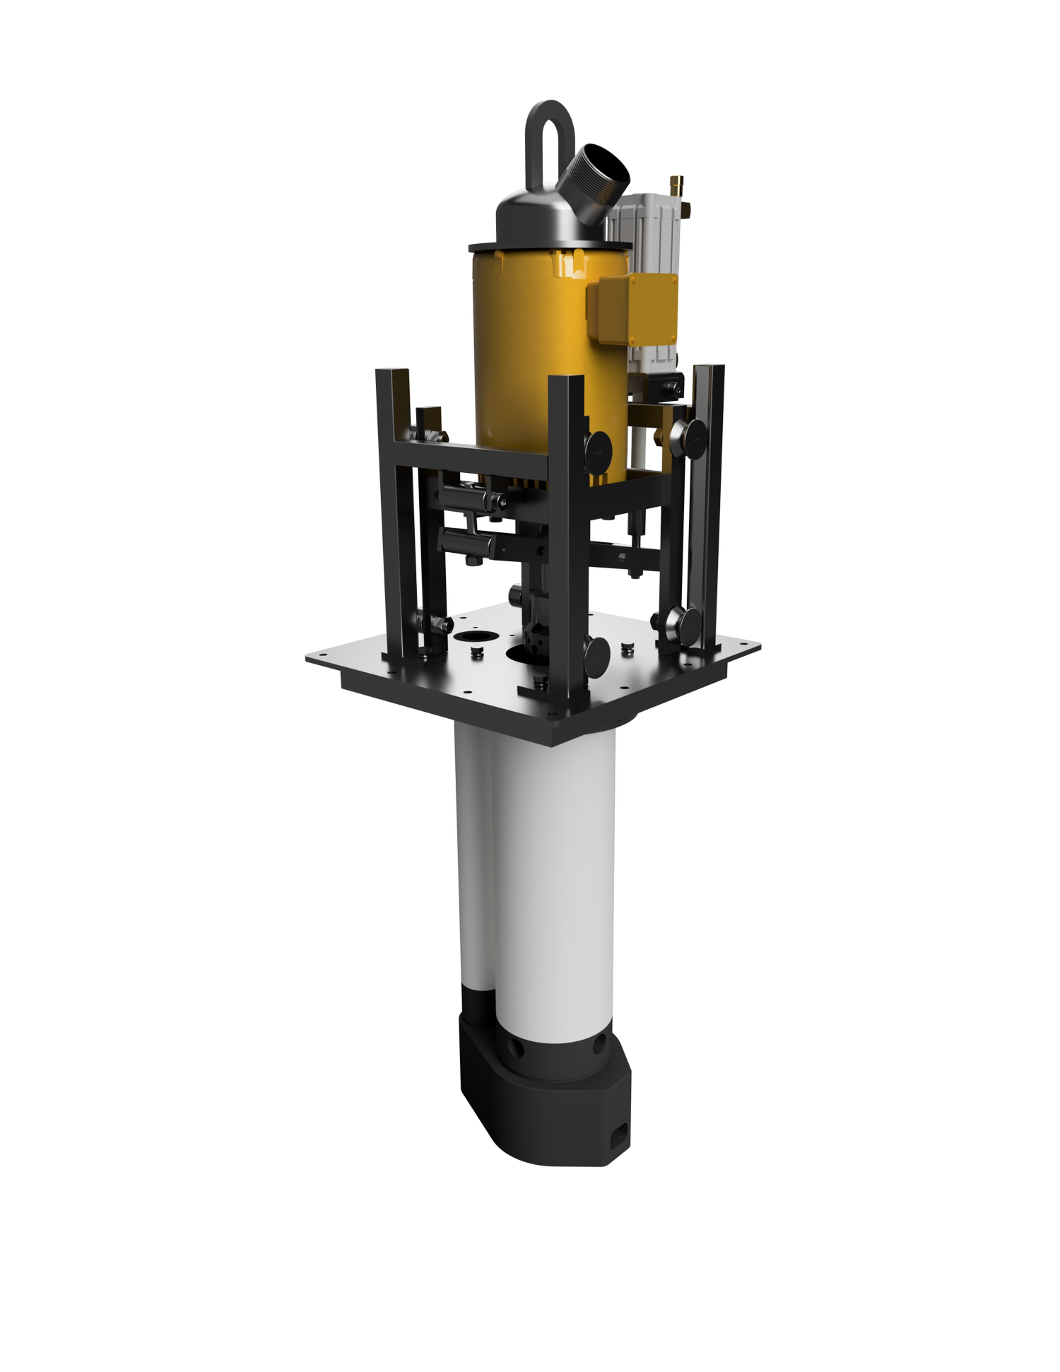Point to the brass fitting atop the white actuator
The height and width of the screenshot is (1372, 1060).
click(677, 186)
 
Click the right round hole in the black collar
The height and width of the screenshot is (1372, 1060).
click(601, 1044)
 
